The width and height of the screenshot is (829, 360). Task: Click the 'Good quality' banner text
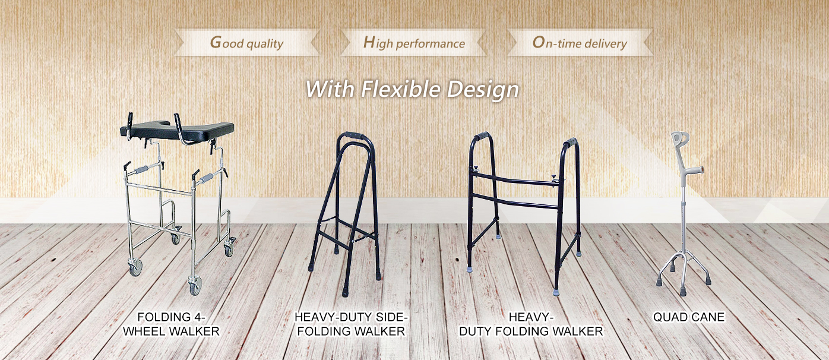[x=246, y=43]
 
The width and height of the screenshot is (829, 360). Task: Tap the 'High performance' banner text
[x=414, y=43]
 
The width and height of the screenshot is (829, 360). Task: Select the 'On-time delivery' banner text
[x=580, y=43]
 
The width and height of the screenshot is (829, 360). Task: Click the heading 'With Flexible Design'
[x=412, y=89]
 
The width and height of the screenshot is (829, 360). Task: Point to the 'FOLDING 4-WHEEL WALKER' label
[x=172, y=324]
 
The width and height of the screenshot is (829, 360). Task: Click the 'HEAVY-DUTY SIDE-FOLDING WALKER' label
[x=351, y=324]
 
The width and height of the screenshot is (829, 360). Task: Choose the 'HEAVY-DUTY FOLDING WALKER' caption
[x=531, y=324]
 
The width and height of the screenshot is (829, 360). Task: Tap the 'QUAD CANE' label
[x=689, y=317]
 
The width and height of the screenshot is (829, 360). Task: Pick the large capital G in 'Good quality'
[x=216, y=42]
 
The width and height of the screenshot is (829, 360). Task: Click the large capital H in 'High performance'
[x=369, y=42]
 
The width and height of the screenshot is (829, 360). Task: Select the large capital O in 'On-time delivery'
[x=539, y=43]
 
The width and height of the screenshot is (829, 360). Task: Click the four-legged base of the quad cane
[x=683, y=274]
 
